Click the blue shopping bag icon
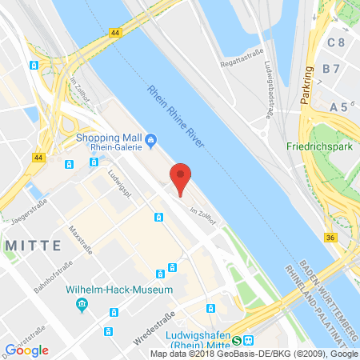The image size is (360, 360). pyautogui.click(x=150, y=143)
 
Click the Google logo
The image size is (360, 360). pyautogui.click(x=27, y=350)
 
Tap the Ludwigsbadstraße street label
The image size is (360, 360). pyautogui.click(x=270, y=88)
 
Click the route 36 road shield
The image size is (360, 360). pyautogui.click(x=331, y=237)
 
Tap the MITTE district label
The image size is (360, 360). pyautogui.click(x=26, y=246)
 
